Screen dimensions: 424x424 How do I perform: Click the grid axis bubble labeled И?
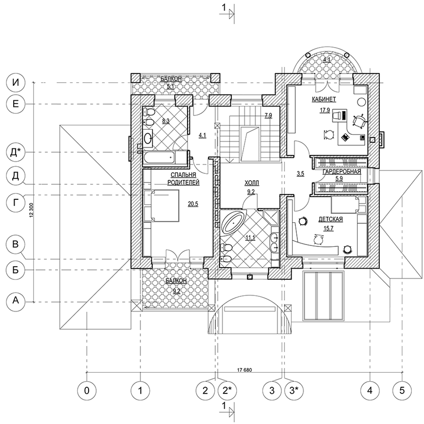(x=16, y=82)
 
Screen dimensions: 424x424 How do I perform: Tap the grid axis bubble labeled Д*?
(x=16, y=152)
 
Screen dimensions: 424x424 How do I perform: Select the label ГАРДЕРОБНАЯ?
(x=341, y=172)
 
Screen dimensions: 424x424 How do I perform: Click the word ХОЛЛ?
(x=251, y=183)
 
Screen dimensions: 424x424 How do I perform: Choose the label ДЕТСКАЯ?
(x=330, y=220)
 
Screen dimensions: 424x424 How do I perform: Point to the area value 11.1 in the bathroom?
(x=250, y=237)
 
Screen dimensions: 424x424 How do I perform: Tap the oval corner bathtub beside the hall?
(x=232, y=222)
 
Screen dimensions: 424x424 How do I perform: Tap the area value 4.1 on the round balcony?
(x=327, y=60)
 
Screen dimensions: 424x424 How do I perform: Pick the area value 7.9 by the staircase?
(x=268, y=115)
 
